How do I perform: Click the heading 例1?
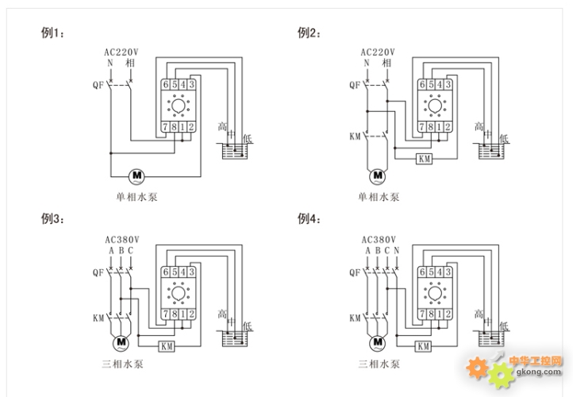click(x=52, y=33)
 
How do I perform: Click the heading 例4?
click(x=310, y=218)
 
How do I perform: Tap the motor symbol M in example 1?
click(x=137, y=176)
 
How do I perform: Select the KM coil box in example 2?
click(x=424, y=159)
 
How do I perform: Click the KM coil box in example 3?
click(x=167, y=346)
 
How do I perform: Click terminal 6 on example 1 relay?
click(x=166, y=85)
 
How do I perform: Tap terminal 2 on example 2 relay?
click(x=448, y=127)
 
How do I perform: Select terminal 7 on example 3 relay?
click(x=166, y=314)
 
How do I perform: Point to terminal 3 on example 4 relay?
click(x=448, y=272)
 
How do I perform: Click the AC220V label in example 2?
click(x=378, y=52)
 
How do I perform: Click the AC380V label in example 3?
click(x=122, y=240)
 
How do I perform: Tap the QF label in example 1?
click(x=98, y=85)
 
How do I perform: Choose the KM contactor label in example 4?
click(x=355, y=318)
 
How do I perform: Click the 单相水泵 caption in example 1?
click(x=137, y=197)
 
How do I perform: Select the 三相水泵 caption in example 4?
click(x=379, y=364)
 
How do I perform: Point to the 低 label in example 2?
click(x=504, y=138)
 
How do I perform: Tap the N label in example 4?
click(x=397, y=250)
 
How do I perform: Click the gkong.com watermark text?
click(x=539, y=372)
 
